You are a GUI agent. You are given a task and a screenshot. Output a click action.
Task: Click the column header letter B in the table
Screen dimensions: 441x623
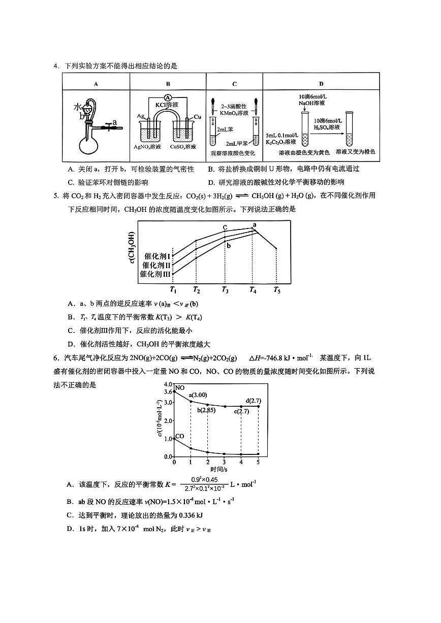(168, 84)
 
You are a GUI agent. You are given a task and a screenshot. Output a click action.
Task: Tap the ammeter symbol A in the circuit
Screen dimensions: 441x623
(168, 97)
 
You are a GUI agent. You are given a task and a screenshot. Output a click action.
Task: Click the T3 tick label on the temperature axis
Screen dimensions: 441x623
(225, 289)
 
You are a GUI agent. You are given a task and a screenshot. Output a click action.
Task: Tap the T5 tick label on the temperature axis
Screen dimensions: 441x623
(276, 289)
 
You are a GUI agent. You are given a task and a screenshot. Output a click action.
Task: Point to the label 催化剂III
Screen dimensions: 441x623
(156, 274)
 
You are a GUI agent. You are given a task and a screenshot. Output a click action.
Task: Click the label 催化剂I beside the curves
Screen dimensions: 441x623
(157, 256)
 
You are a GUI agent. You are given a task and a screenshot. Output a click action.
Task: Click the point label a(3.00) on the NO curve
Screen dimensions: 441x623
(198, 395)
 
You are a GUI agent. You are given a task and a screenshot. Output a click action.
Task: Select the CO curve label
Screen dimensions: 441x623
(180, 436)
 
